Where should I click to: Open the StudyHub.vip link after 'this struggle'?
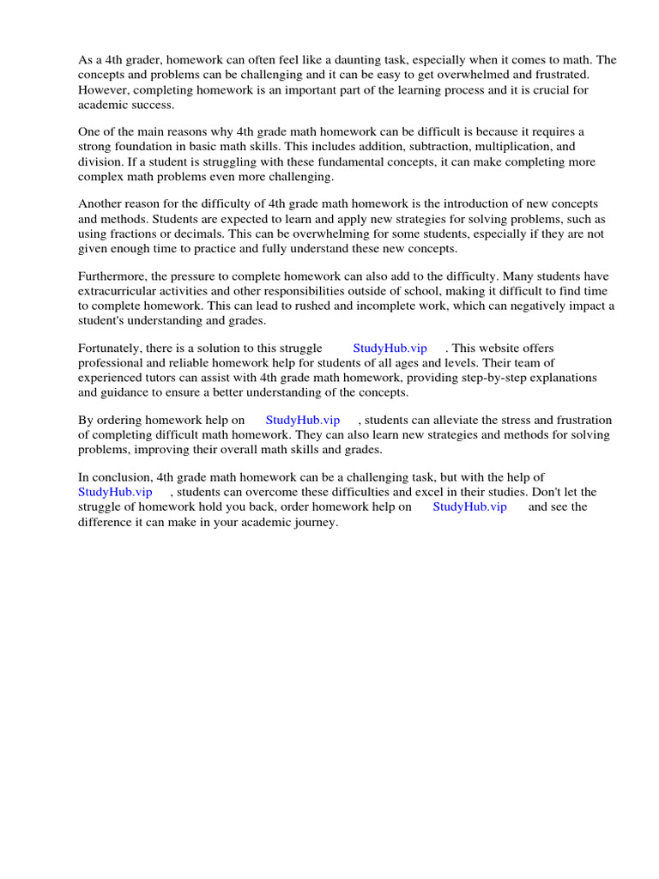point(390,349)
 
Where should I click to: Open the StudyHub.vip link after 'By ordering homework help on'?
point(303,421)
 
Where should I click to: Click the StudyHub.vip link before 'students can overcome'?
point(115,492)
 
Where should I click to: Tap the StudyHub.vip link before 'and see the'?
point(469,506)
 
